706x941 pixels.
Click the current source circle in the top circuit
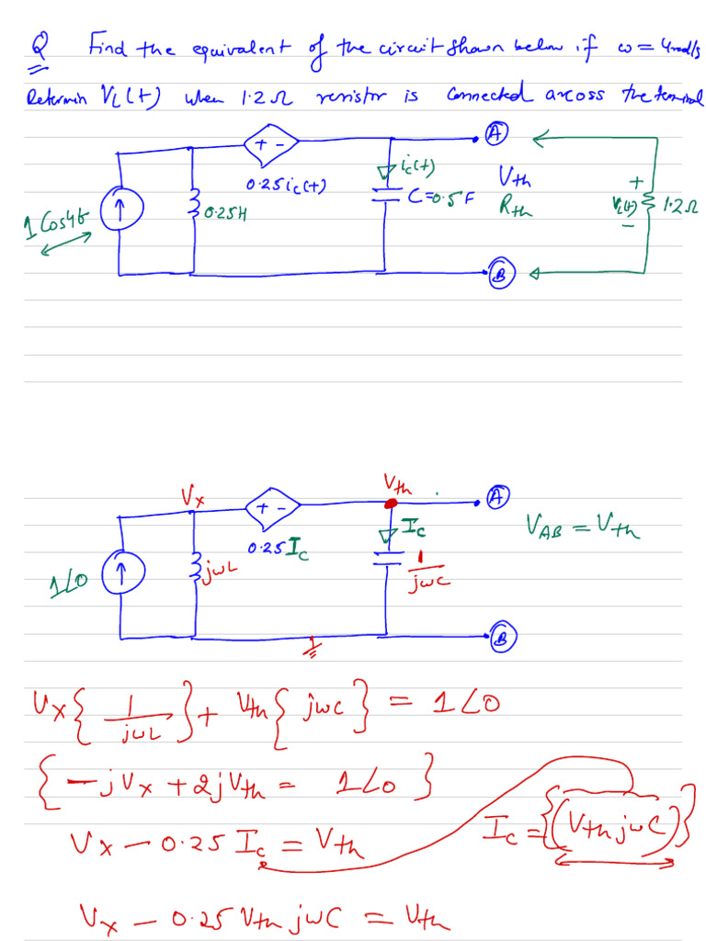pyautogui.click(x=118, y=211)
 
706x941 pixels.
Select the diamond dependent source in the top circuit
pyautogui.click(x=271, y=143)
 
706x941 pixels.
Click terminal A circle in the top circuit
pyautogui.click(x=496, y=134)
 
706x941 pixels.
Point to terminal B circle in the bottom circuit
pyautogui.click(x=504, y=636)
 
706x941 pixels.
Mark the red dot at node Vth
pyautogui.click(x=390, y=504)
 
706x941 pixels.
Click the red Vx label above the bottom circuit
pyautogui.click(x=192, y=497)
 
